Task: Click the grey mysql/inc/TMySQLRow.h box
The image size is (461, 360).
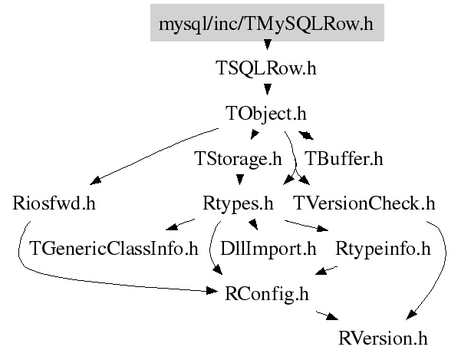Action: coord(267,23)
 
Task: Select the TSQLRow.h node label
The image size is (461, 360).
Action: coord(266,68)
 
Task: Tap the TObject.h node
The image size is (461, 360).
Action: coord(266,114)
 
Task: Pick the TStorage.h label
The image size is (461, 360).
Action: coord(238,159)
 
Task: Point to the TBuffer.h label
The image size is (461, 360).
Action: coord(344,159)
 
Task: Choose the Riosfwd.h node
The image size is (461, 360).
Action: coord(54,203)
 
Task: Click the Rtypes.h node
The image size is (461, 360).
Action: coord(238,204)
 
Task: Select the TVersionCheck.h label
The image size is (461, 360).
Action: coord(364,203)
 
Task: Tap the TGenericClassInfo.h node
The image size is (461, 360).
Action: coord(114,249)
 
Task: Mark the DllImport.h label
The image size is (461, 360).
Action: coord(268,249)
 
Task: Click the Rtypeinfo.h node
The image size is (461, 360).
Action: coord(383,249)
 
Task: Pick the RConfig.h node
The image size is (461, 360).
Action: coord(267,294)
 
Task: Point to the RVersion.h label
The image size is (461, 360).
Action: coord(383,339)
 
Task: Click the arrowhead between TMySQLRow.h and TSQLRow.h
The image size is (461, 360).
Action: coord(267,45)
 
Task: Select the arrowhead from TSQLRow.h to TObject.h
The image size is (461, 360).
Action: coord(267,89)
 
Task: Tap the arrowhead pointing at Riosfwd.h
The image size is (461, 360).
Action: coord(95,180)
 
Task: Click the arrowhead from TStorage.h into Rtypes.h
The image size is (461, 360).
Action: coord(240,180)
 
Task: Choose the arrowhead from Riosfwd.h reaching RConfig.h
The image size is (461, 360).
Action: coord(212,291)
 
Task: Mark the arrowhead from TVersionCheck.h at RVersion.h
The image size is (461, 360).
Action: coord(410,315)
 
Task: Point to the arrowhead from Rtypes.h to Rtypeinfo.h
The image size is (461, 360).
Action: coord(323,229)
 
